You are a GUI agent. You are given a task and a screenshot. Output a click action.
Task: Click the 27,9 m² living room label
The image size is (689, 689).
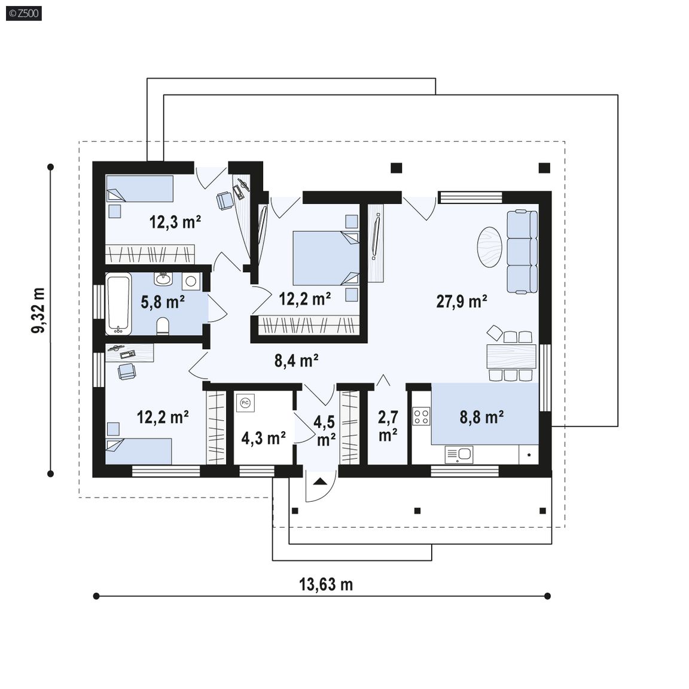coord(461,301)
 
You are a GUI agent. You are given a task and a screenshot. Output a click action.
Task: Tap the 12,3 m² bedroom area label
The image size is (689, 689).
coord(175,222)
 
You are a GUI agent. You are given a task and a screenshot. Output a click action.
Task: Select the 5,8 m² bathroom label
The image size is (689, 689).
coord(163,302)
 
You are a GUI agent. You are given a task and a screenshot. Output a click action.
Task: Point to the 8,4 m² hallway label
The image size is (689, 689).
coord(297,361)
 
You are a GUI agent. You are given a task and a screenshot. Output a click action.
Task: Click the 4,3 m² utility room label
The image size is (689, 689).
coord(264,438)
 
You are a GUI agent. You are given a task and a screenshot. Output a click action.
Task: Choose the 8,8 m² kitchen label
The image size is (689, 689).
coord(481,417)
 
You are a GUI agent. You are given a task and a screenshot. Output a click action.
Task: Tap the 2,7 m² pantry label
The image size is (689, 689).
coord(388,426)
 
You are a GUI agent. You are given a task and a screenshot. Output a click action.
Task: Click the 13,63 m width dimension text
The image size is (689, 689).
coord(326,584)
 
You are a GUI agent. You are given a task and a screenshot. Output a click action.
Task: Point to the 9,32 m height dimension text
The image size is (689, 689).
coord(39,310)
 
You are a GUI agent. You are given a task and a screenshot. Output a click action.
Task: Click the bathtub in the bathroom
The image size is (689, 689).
coord(118,304)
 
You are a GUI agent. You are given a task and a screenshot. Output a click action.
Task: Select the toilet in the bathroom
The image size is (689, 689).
coord(163,326)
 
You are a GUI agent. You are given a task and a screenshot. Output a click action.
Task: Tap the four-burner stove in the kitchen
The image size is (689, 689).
coord(421,416)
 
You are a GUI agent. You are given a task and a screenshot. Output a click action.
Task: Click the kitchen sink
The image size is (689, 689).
coord(459,455)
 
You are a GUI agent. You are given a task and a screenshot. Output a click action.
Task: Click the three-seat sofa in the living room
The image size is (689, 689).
coord(522,252)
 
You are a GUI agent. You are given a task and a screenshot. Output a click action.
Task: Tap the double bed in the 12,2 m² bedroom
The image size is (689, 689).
coord(326,258)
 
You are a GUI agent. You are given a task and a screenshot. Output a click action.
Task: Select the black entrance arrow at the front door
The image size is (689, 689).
coord(321,481)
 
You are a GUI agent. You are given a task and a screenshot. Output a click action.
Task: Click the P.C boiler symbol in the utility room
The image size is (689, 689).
coord(245,403)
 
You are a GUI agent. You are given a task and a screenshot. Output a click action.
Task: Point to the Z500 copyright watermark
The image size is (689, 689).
coord(24,13)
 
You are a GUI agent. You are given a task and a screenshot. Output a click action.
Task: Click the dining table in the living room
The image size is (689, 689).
coord(511,356)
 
